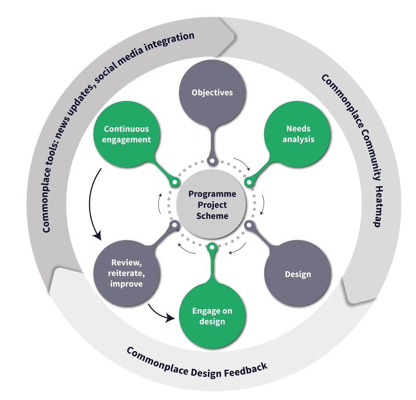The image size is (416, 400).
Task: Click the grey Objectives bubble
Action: click(x=212, y=93)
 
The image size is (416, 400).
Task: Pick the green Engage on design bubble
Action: click(x=212, y=316)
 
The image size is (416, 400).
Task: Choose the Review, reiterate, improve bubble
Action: click(x=127, y=274)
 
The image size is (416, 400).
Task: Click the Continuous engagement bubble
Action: click(x=127, y=134)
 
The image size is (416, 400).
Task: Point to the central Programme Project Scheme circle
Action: click(x=212, y=204)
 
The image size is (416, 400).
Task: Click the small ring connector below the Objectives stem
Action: click(x=212, y=161)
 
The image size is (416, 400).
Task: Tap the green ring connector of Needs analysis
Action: click(x=249, y=182)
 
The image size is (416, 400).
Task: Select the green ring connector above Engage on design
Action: click(x=212, y=248)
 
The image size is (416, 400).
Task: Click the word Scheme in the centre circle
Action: click(x=212, y=215)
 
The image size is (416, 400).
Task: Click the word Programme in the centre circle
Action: click(x=212, y=194)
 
